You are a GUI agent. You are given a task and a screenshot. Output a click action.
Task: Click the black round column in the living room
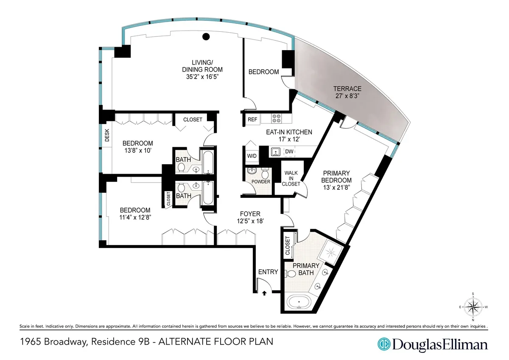(x=206, y=37)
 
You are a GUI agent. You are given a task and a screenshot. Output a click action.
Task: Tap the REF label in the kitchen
(x=252, y=120)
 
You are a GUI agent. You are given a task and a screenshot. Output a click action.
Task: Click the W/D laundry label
(x=251, y=156)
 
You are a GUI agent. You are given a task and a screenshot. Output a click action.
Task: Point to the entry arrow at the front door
(x=264, y=292)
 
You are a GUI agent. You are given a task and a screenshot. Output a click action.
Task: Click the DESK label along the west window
(x=106, y=135)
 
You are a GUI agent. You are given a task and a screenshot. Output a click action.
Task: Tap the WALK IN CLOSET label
(x=292, y=178)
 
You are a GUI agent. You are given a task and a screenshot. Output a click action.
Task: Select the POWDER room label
(x=261, y=182)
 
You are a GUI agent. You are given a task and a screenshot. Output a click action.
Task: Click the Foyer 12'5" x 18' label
(x=250, y=217)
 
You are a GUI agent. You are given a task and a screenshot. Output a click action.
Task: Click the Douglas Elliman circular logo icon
(x=384, y=344)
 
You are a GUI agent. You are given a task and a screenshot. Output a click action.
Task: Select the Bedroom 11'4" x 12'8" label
(x=135, y=214)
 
